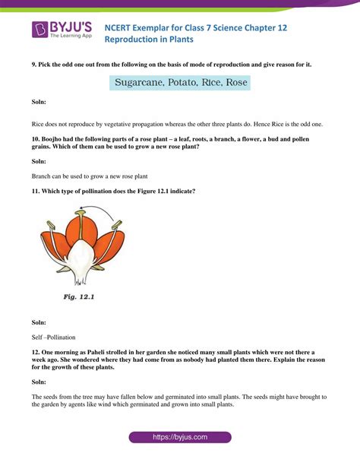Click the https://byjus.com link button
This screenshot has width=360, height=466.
(x=180, y=437)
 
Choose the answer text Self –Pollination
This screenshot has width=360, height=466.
(x=54, y=337)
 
